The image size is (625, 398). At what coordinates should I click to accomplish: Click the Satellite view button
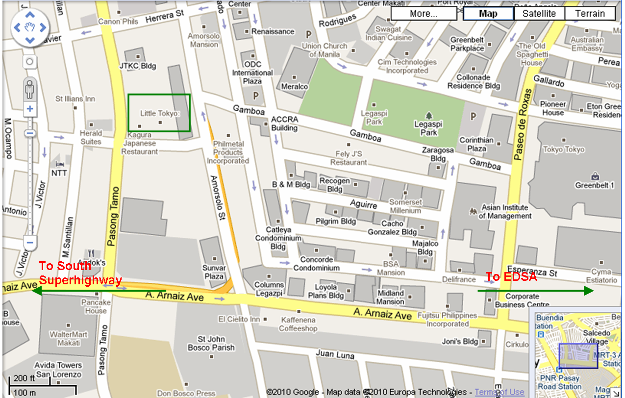pos(539,14)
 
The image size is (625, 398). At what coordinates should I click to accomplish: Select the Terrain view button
pos(590,14)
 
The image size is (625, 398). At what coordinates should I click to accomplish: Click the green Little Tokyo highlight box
pos(159,113)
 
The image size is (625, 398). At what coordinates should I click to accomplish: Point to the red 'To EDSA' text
pos(511,277)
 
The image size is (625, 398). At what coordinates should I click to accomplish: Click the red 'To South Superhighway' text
pos(80,273)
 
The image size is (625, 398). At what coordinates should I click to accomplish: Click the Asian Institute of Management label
pos(505,212)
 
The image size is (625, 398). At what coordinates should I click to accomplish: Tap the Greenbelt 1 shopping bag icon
pos(595,175)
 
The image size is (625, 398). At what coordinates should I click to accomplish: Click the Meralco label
pos(295,87)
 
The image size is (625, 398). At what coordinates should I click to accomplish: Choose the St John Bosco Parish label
pos(211,343)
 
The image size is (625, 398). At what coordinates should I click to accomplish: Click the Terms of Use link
pos(500,392)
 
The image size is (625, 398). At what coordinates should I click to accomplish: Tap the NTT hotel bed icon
pos(60,164)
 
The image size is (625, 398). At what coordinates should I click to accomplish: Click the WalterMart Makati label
pos(69,339)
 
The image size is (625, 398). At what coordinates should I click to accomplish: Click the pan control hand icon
pos(30,27)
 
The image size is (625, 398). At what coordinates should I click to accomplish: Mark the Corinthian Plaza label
pos(476,144)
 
